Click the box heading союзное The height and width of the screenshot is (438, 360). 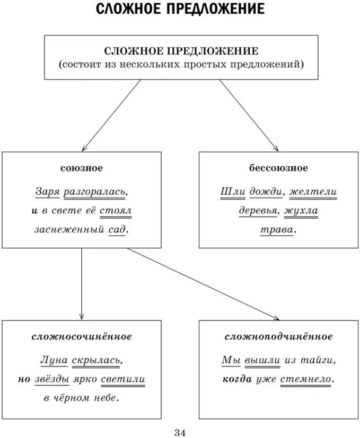point(81,168)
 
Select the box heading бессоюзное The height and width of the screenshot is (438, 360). point(278,168)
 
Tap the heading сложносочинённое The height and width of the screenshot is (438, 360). point(81,337)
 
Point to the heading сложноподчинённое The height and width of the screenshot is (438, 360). point(278,337)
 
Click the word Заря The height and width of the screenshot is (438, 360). point(47,191)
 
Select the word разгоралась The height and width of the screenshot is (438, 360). point(95,191)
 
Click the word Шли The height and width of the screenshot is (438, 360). point(230,191)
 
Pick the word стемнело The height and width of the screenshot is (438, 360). point(311,379)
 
